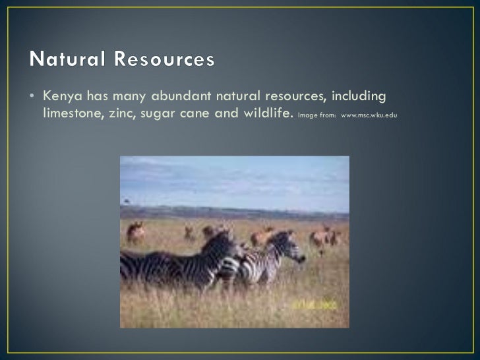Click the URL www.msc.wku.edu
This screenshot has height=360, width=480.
369,115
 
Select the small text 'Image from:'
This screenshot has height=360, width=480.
316,115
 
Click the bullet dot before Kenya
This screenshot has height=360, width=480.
32,97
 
